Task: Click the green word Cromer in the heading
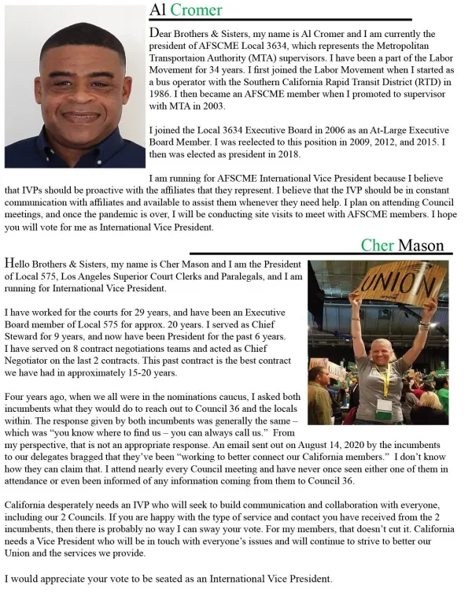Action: coord(197,9)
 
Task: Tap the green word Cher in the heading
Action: coord(378,245)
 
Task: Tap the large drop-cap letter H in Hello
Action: coord(10,263)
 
